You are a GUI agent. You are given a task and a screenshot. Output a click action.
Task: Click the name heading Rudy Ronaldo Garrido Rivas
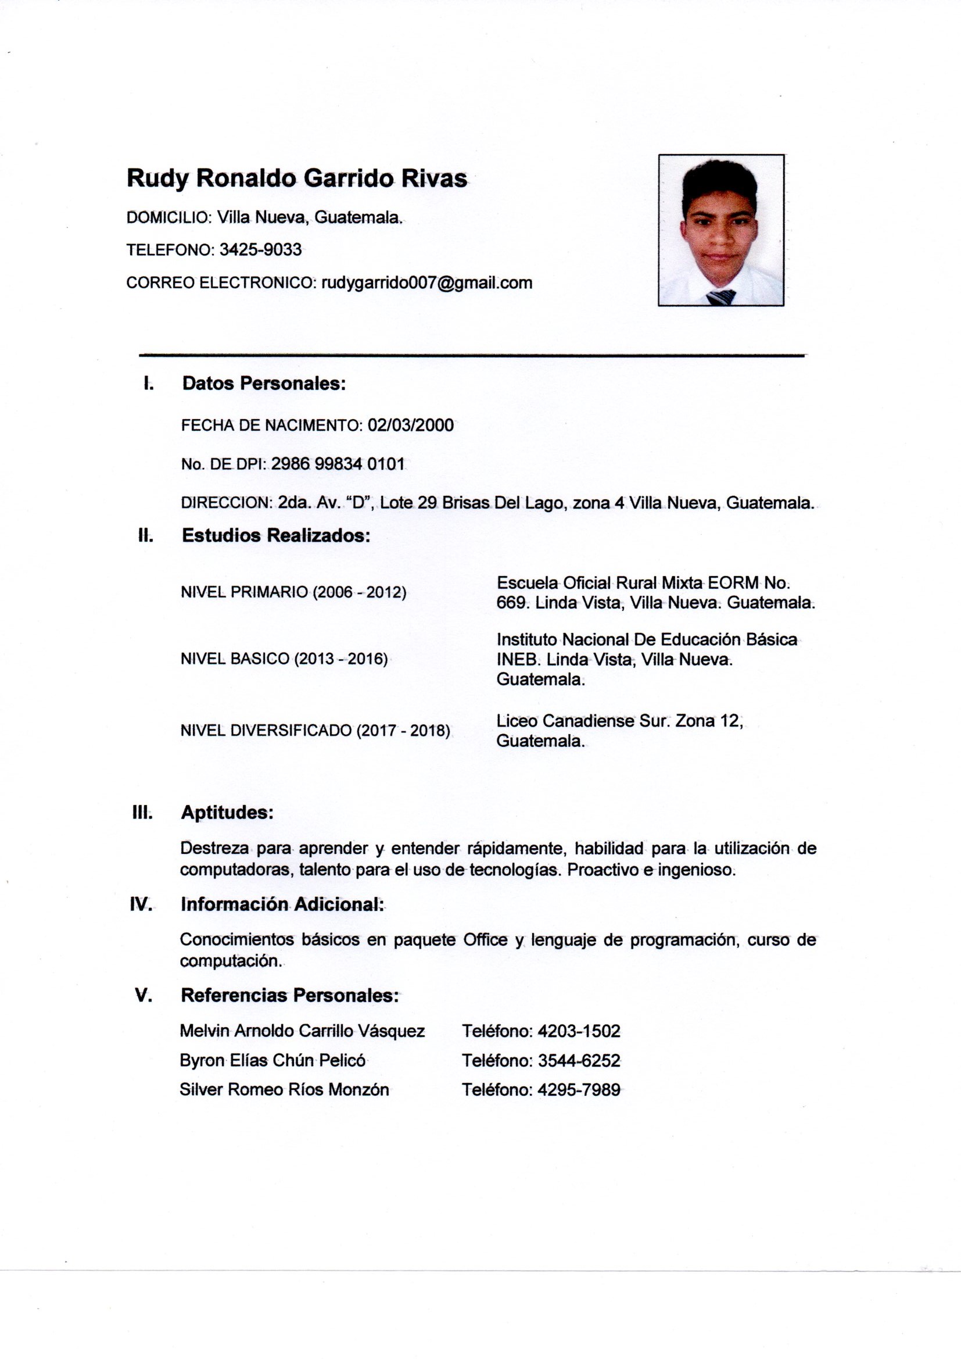click(x=296, y=178)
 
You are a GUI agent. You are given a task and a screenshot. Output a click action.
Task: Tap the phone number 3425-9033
click(x=260, y=250)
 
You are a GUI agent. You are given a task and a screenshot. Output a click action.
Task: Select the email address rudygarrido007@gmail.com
click(x=426, y=283)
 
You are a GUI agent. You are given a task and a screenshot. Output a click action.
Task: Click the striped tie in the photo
click(x=720, y=296)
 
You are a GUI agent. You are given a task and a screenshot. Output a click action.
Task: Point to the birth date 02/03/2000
click(x=411, y=425)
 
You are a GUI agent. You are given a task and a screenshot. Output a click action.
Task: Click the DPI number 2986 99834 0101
click(x=338, y=464)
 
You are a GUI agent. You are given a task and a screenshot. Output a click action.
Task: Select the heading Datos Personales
click(x=264, y=384)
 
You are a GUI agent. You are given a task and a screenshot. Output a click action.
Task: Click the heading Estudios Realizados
click(x=276, y=536)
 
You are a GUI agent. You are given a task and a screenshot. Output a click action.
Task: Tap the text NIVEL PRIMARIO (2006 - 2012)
click(x=293, y=592)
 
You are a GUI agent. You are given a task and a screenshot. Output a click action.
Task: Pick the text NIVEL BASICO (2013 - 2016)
click(x=284, y=659)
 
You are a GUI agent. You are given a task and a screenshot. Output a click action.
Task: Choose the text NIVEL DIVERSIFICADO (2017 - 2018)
click(x=315, y=731)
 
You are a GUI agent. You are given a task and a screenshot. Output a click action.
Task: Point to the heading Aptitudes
click(x=227, y=813)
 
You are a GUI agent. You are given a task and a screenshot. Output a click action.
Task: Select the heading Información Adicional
click(x=282, y=904)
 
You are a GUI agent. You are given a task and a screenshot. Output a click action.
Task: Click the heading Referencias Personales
click(x=290, y=996)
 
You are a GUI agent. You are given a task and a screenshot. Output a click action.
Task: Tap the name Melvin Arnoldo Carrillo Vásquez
click(x=302, y=1031)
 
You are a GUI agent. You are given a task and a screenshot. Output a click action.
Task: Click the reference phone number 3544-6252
click(x=579, y=1061)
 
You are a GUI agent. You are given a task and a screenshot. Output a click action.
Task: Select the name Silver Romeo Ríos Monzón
click(x=285, y=1090)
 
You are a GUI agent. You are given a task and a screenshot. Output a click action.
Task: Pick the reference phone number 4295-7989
click(x=579, y=1090)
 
